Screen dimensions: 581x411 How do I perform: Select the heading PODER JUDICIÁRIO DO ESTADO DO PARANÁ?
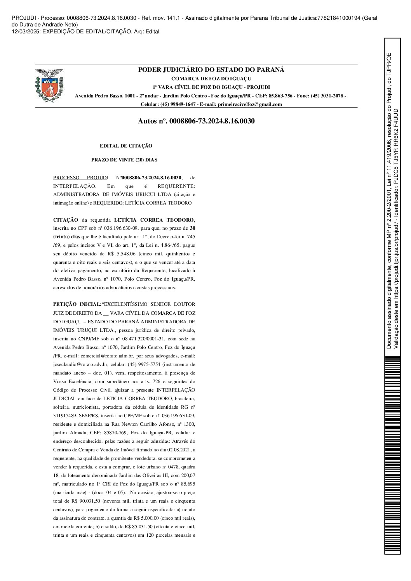tap(211, 70)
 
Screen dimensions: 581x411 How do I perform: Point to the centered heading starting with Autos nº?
tap(196, 121)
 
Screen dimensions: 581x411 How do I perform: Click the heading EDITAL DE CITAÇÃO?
tap(126, 146)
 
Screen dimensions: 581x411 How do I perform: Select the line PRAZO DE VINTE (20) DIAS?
tap(124, 160)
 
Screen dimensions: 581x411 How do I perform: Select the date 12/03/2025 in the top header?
tap(23, 32)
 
